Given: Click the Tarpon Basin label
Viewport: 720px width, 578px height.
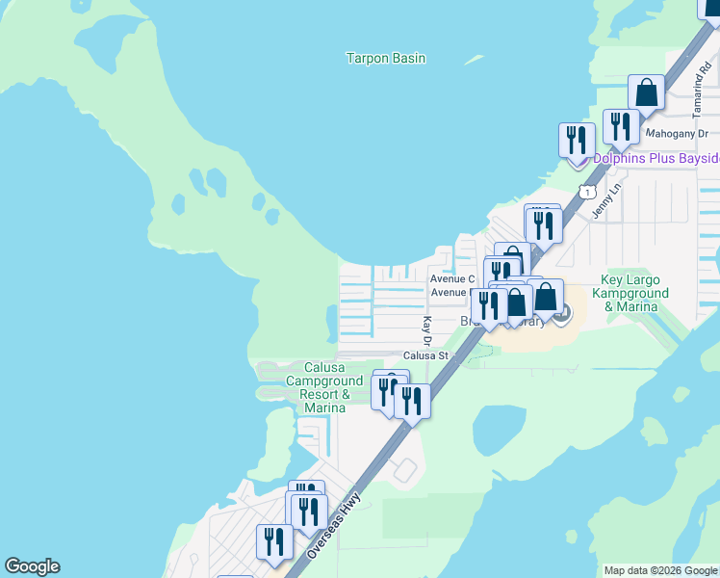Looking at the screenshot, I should tap(385, 58).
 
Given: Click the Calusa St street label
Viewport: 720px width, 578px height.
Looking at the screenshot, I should tap(426, 355).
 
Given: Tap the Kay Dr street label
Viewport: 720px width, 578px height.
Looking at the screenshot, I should tap(425, 329).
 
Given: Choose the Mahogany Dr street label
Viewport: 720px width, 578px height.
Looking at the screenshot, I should tap(677, 134).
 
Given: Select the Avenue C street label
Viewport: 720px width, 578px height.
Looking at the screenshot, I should tap(451, 278).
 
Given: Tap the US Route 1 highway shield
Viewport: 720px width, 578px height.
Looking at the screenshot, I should tap(584, 193).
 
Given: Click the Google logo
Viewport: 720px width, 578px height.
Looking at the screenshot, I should tap(32, 566).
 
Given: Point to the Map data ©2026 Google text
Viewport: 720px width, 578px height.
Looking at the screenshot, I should tap(660, 570).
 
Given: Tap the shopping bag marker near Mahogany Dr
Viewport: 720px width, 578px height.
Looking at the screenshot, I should tap(647, 93).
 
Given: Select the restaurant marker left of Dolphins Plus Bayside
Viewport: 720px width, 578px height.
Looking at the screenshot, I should tap(575, 140).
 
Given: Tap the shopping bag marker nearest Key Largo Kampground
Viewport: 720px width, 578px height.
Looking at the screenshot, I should tap(546, 297).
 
